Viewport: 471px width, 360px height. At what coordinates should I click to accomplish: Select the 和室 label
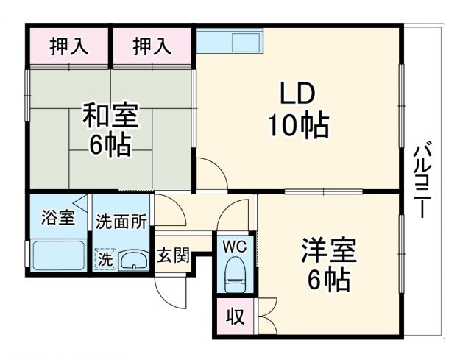(x=110, y=116)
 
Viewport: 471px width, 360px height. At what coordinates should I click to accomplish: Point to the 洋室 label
(x=328, y=251)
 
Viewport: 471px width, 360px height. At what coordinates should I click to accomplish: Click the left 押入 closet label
(x=68, y=46)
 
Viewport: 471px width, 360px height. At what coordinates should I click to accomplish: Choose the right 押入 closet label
(x=152, y=46)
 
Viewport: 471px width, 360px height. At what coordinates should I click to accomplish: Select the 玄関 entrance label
(x=174, y=256)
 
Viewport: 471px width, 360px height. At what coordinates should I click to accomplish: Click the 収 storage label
(x=234, y=317)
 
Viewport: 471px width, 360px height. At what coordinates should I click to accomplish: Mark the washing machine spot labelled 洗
(x=105, y=259)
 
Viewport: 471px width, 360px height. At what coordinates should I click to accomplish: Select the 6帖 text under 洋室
(x=328, y=280)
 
